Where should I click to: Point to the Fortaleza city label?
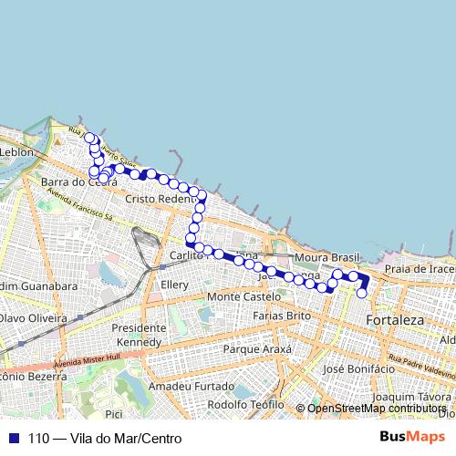pos(395,320)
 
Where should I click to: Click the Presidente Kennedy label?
pos(139,335)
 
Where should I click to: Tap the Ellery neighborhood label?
pos(173,285)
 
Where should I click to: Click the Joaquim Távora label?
pos(412,397)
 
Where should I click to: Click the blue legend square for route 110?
pos(9,439)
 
